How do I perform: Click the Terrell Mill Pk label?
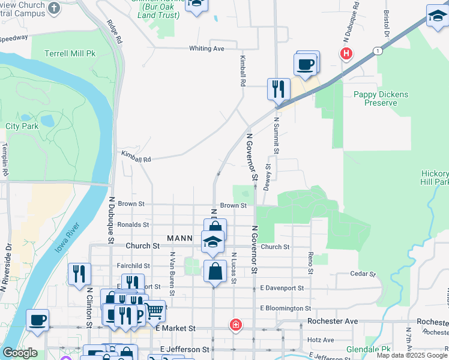(70, 53)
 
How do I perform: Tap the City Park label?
(22, 127)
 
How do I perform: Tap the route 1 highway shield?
(377, 50)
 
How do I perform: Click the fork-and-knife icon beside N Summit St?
(279, 89)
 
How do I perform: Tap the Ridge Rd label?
(115, 32)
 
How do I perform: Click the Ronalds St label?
(133, 225)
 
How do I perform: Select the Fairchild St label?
(134, 266)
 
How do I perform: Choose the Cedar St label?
(363, 274)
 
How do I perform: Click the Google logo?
(19, 353)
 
